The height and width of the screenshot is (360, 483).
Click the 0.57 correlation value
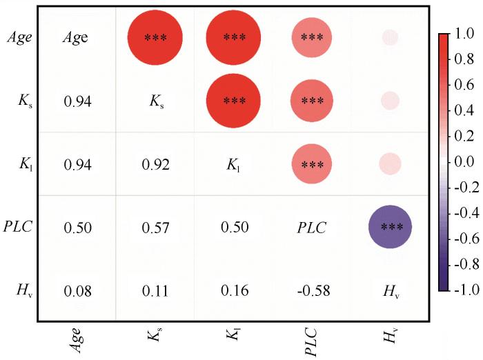click(155, 228)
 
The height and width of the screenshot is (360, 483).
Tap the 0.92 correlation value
click(155, 165)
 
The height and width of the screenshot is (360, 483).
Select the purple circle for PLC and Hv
click(390, 227)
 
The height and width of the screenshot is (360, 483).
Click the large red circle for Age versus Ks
click(155, 38)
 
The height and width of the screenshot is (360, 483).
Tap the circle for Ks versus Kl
click(233, 101)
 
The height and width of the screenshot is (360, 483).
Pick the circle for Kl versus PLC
click(312, 164)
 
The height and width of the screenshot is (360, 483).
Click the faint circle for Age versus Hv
click(390, 38)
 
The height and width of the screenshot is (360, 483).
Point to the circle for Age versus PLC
click(312, 38)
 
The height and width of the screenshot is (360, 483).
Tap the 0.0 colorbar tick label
click(463, 161)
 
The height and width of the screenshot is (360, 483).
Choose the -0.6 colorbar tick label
click(462, 238)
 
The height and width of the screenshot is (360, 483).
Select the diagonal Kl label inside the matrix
click(233, 165)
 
